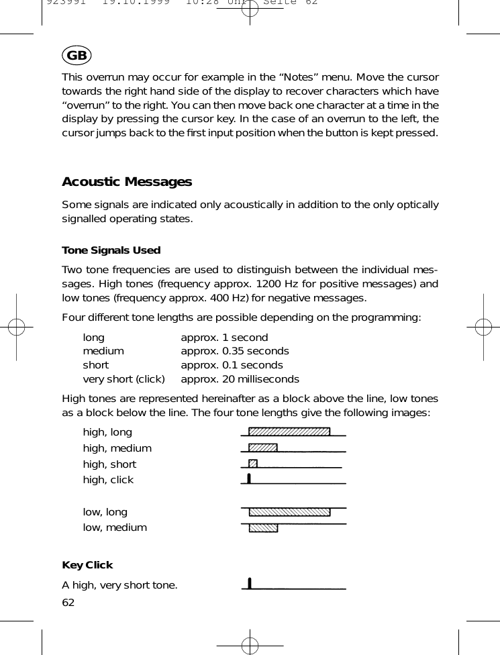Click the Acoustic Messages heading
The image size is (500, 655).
pos(127,182)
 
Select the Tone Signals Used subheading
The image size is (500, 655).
pos(111,250)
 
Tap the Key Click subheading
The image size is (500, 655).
pos(87,565)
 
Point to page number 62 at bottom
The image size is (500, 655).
pos(68,602)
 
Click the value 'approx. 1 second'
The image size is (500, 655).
pos(224,338)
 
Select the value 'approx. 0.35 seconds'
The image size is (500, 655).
pos(235,351)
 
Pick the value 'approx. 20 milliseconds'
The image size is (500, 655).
pos(240,379)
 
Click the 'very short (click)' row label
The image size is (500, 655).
pos(123,379)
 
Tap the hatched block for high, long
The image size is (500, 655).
pos(289,432)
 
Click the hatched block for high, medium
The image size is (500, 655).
pos(263,448)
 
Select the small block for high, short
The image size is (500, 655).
pos(253,463)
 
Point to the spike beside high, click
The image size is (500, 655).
pos(249,478)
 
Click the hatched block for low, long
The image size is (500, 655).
pos(289,512)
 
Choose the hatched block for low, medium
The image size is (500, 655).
pos(263,527)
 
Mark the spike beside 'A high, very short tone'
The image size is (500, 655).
pos(250,583)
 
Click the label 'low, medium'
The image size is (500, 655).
pos(115,527)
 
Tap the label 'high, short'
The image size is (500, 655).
pos(109,464)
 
